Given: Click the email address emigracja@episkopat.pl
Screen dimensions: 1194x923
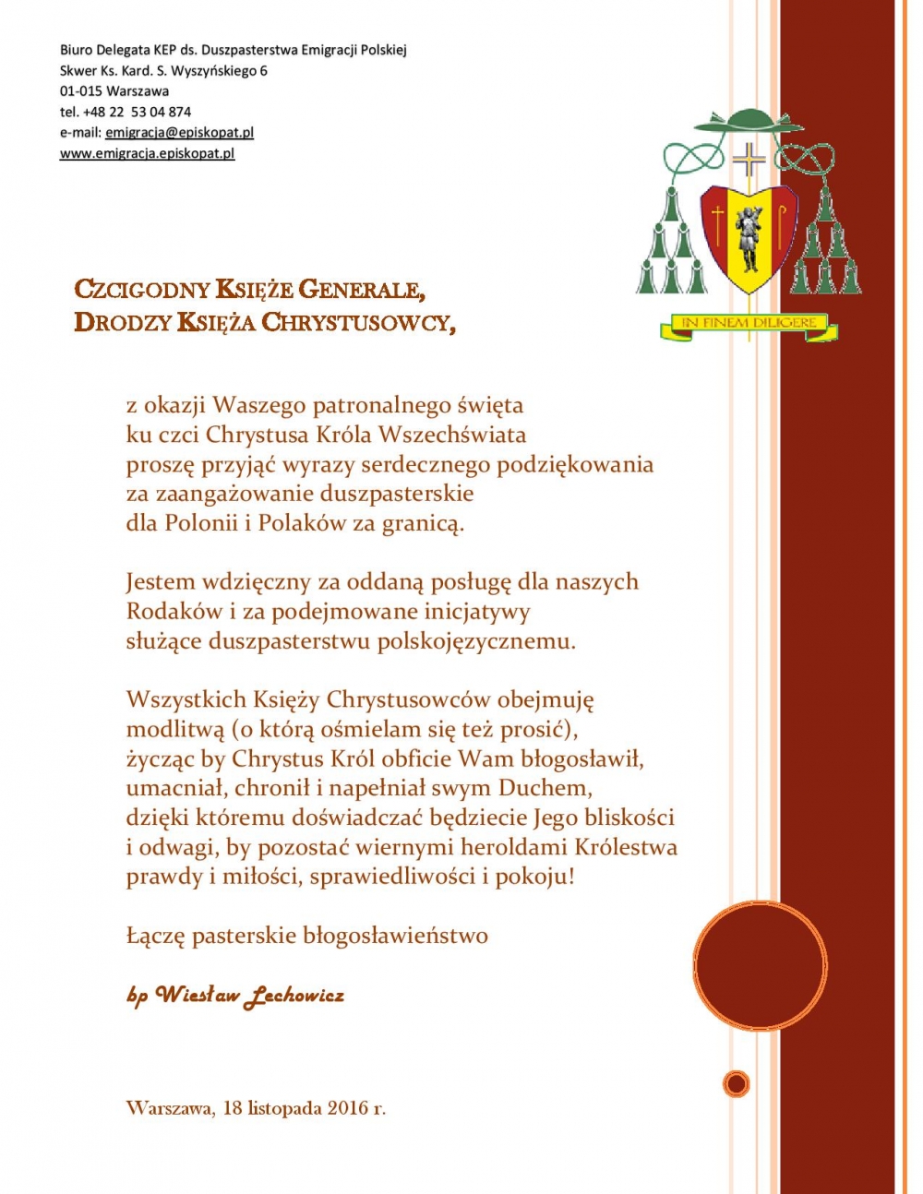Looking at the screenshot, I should click(179, 132).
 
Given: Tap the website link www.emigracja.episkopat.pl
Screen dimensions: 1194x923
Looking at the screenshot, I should click(147, 153).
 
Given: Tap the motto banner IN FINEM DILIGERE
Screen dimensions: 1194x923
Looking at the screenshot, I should click(749, 324).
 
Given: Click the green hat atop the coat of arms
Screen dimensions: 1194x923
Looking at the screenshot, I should click(748, 120).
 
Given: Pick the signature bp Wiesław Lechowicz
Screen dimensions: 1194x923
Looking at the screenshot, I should click(235, 995).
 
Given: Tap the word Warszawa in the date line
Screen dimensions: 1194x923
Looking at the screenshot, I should click(168, 1107).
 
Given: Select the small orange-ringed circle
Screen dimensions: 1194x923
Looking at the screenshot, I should click(736, 1083).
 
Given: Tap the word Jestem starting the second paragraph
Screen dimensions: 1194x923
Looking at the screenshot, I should click(161, 582).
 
